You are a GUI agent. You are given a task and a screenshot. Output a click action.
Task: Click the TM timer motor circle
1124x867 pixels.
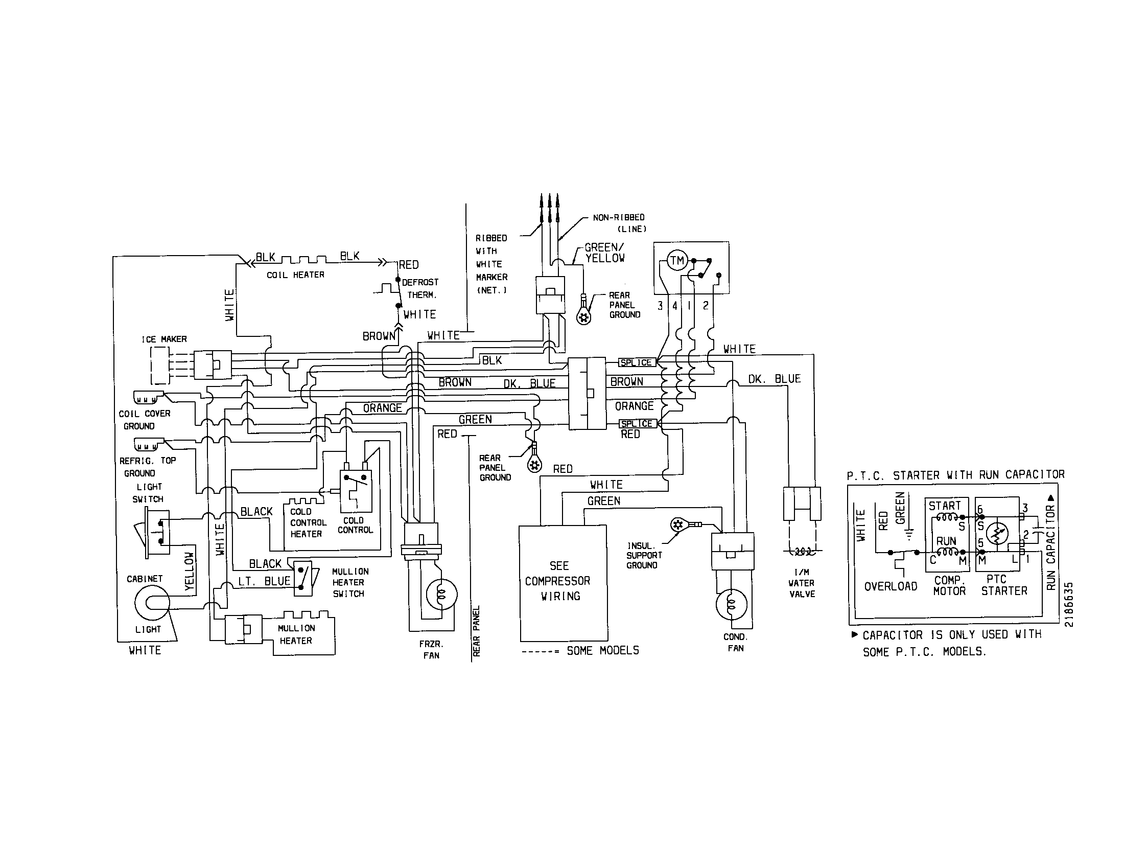[676, 261]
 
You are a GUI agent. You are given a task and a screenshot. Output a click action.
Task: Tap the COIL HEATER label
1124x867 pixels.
[295, 275]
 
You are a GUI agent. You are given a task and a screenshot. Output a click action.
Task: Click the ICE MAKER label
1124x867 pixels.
[164, 339]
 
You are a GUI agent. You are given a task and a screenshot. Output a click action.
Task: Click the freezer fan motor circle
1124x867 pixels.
[441, 594]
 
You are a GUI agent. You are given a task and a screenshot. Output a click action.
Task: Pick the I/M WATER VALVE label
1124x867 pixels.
[801, 583]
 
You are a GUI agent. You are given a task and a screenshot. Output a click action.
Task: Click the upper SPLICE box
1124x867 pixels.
[636, 362]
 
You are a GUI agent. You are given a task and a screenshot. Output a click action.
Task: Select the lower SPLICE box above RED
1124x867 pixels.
[637, 424]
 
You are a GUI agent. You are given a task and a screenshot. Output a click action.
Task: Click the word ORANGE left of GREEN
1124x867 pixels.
[382, 408]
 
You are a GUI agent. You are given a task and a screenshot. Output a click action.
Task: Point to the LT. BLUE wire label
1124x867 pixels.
[264, 581]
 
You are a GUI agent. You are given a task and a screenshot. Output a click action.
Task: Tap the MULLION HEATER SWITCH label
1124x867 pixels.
[350, 582]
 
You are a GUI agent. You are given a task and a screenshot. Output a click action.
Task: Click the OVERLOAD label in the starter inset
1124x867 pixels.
[891, 586]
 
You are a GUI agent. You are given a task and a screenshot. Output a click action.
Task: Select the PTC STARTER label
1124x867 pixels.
[1003, 585]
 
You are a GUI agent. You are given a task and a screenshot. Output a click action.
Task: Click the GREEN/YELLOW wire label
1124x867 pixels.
[604, 253]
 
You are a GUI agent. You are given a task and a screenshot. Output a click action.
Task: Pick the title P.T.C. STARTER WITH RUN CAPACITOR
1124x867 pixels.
[956, 475]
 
